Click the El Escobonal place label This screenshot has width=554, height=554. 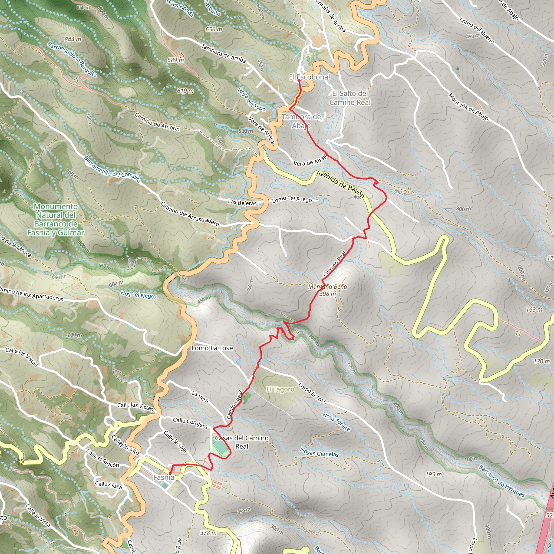click(x=309, y=77)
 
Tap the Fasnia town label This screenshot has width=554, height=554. click(x=163, y=477)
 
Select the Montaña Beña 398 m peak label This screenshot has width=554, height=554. click(x=328, y=290)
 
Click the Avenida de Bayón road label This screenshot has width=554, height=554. click(x=340, y=184)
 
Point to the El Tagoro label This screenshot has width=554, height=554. click(x=280, y=389)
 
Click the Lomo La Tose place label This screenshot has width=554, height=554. click(x=212, y=348)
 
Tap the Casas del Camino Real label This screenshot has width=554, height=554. click(x=242, y=442)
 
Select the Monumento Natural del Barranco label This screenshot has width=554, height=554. click(x=56, y=219)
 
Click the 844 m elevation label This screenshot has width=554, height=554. click(x=72, y=39)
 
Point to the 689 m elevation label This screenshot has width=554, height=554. click(x=176, y=60)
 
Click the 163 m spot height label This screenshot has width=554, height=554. click(x=534, y=309)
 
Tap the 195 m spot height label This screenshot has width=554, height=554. click(x=433, y=474)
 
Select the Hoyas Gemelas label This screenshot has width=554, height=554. click(x=319, y=452)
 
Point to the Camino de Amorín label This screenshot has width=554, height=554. click(x=157, y=122)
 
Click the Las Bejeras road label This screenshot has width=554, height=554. click(x=242, y=203)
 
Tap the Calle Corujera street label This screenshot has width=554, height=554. click(x=190, y=423)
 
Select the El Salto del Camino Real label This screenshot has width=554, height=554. click(x=350, y=98)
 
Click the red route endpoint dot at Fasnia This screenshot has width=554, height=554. click(x=170, y=473)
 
